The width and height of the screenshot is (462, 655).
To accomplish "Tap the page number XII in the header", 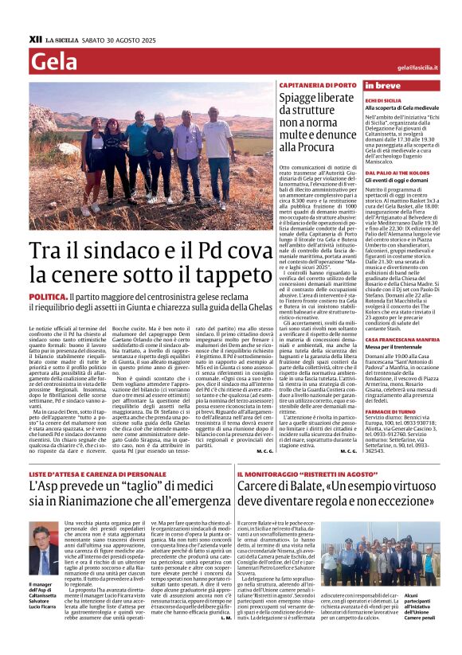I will coord(34,38).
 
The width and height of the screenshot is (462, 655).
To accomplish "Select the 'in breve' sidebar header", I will coord(382,85).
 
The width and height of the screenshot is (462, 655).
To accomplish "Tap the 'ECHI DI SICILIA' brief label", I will coord(383,101).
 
